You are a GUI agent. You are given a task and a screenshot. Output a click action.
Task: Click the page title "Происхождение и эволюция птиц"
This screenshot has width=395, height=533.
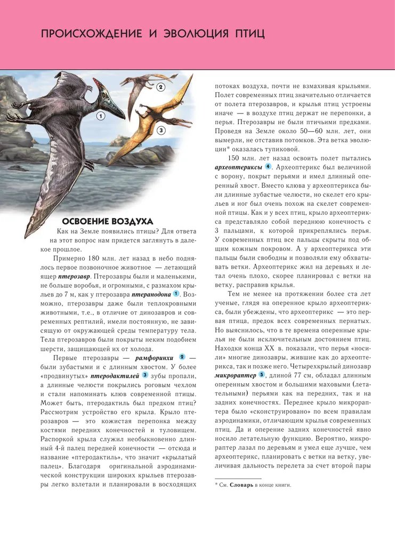[153, 34]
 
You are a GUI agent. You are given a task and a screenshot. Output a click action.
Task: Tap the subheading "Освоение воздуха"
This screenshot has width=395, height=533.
[107, 221]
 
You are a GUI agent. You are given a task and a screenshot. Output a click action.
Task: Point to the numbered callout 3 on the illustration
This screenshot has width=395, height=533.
[160, 130]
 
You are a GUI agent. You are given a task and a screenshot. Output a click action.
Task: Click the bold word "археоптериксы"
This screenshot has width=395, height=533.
[238, 167]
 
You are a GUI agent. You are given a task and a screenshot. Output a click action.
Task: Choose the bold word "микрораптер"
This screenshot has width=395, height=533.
[235, 376]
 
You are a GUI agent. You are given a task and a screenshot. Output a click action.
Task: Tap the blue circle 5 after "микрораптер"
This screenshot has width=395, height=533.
[261, 376]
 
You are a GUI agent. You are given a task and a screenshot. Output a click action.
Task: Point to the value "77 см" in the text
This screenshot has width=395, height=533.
[295, 376]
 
